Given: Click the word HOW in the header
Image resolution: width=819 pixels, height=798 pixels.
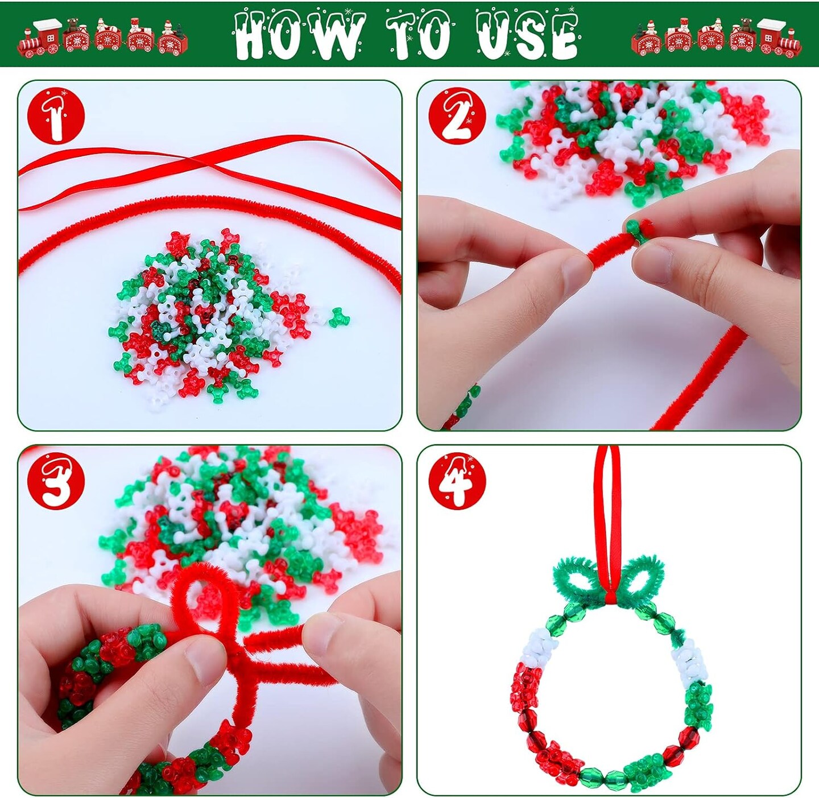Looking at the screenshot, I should (x=298, y=35).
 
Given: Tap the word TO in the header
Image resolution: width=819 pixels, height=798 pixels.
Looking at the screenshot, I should (x=419, y=35).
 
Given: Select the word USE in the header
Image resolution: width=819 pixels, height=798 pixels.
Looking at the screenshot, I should (x=527, y=35).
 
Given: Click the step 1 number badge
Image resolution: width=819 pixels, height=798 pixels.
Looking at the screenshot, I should (x=56, y=116).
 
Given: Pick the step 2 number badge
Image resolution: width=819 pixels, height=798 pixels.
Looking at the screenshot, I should (x=457, y=116).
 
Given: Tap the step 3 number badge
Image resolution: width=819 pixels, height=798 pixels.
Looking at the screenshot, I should (x=56, y=481).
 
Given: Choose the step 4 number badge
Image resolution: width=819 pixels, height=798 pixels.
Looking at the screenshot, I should (x=457, y=481).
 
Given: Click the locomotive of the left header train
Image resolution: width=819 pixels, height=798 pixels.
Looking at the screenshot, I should (x=40, y=39).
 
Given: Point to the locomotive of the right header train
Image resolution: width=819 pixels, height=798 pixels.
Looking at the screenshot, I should (x=780, y=39).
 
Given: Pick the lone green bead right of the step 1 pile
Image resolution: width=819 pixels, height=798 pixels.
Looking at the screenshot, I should (x=339, y=317).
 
